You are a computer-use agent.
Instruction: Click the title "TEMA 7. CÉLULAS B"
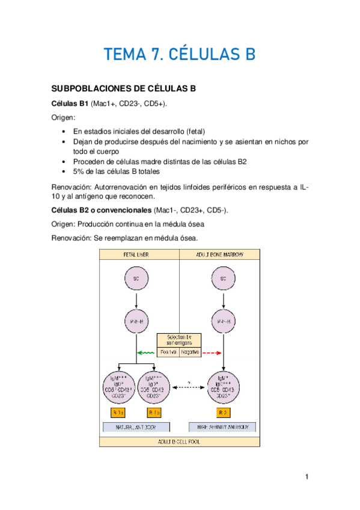click(x=180, y=54)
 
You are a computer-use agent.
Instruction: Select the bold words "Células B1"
click(x=69, y=103)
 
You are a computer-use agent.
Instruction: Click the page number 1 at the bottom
click(x=306, y=477)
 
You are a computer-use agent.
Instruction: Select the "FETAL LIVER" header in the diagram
click(x=139, y=254)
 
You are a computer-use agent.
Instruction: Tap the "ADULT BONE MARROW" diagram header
click(x=221, y=254)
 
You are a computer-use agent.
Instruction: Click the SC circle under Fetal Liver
click(x=136, y=278)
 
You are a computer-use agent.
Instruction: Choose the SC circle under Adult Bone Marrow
click(x=224, y=278)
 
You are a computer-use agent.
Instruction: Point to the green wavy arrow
click(x=145, y=352)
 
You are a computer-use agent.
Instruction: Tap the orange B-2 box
click(x=224, y=412)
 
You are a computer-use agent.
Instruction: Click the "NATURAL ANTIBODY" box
click(x=137, y=427)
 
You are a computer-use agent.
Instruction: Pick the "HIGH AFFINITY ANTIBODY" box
click(x=224, y=427)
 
